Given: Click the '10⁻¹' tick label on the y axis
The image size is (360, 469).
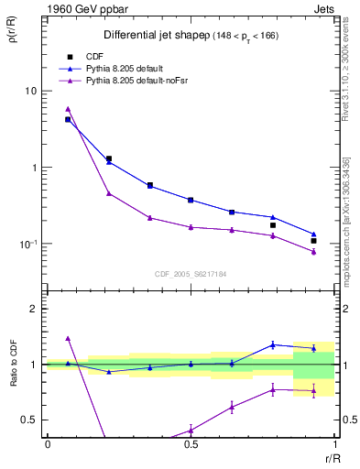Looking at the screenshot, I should coord(28,245).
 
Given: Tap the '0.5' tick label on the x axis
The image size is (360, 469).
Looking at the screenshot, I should coord(191,444).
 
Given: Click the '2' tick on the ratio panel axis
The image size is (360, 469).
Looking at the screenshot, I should coord(34,309).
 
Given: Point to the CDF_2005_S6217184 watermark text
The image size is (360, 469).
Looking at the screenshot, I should coord(190,273).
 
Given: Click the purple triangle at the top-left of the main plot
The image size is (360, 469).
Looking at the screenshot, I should coord(68,108).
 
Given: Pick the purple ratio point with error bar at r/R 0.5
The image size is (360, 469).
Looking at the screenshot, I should coord(191,430).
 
